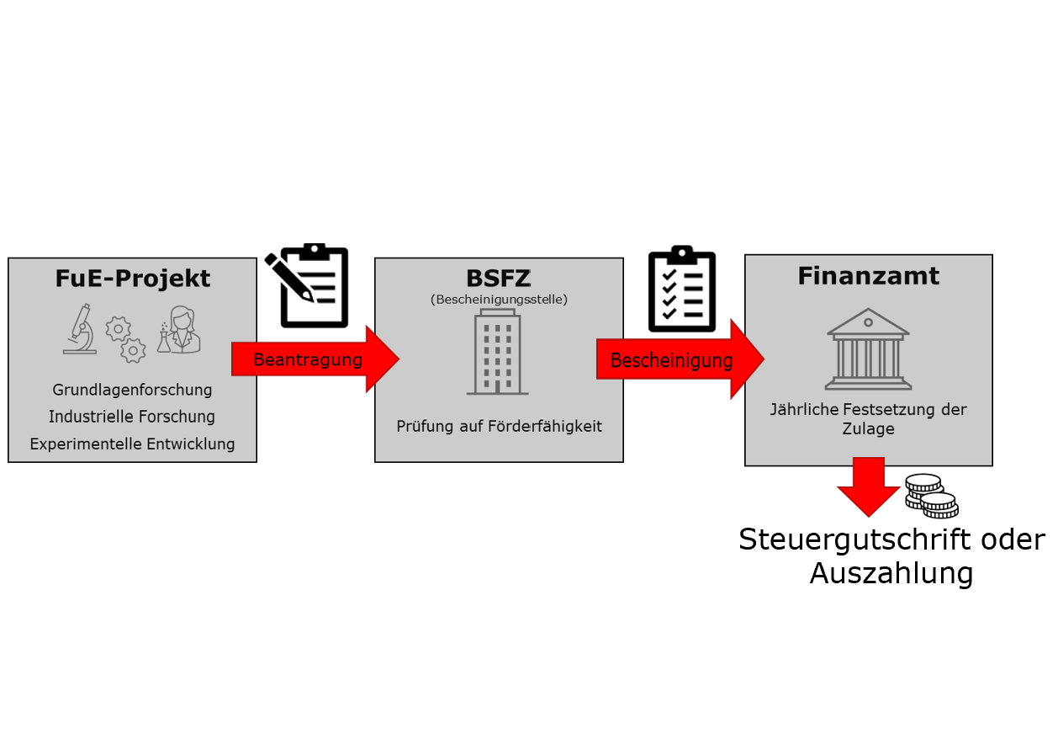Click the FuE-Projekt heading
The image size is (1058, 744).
(x=133, y=279)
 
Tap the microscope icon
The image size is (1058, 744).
(x=80, y=329)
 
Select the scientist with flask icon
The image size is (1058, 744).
(x=179, y=330)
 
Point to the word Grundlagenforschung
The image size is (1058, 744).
(x=132, y=390)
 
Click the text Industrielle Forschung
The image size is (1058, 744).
(x=132, y=417)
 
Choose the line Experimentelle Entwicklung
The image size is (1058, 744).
(x=132, y=444)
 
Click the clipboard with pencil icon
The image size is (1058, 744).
(x=307, y=286)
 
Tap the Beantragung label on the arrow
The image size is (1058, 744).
(x=308, y=359)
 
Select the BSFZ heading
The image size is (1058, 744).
(x=499, y=279)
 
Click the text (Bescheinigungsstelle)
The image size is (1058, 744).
(x=500, y=300)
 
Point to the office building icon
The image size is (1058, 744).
(x=498, y=352)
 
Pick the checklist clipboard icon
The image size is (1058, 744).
(x=682, y=289)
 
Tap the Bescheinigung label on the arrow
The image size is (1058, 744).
(x=672, y=361)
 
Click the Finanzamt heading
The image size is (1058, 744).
(x=869, y=276)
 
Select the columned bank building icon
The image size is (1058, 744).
(x=869, y=349)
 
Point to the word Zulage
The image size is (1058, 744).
(x=869, y=428)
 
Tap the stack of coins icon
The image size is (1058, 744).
(x=931, y=497)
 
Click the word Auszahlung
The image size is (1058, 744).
(x=891, y=573)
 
